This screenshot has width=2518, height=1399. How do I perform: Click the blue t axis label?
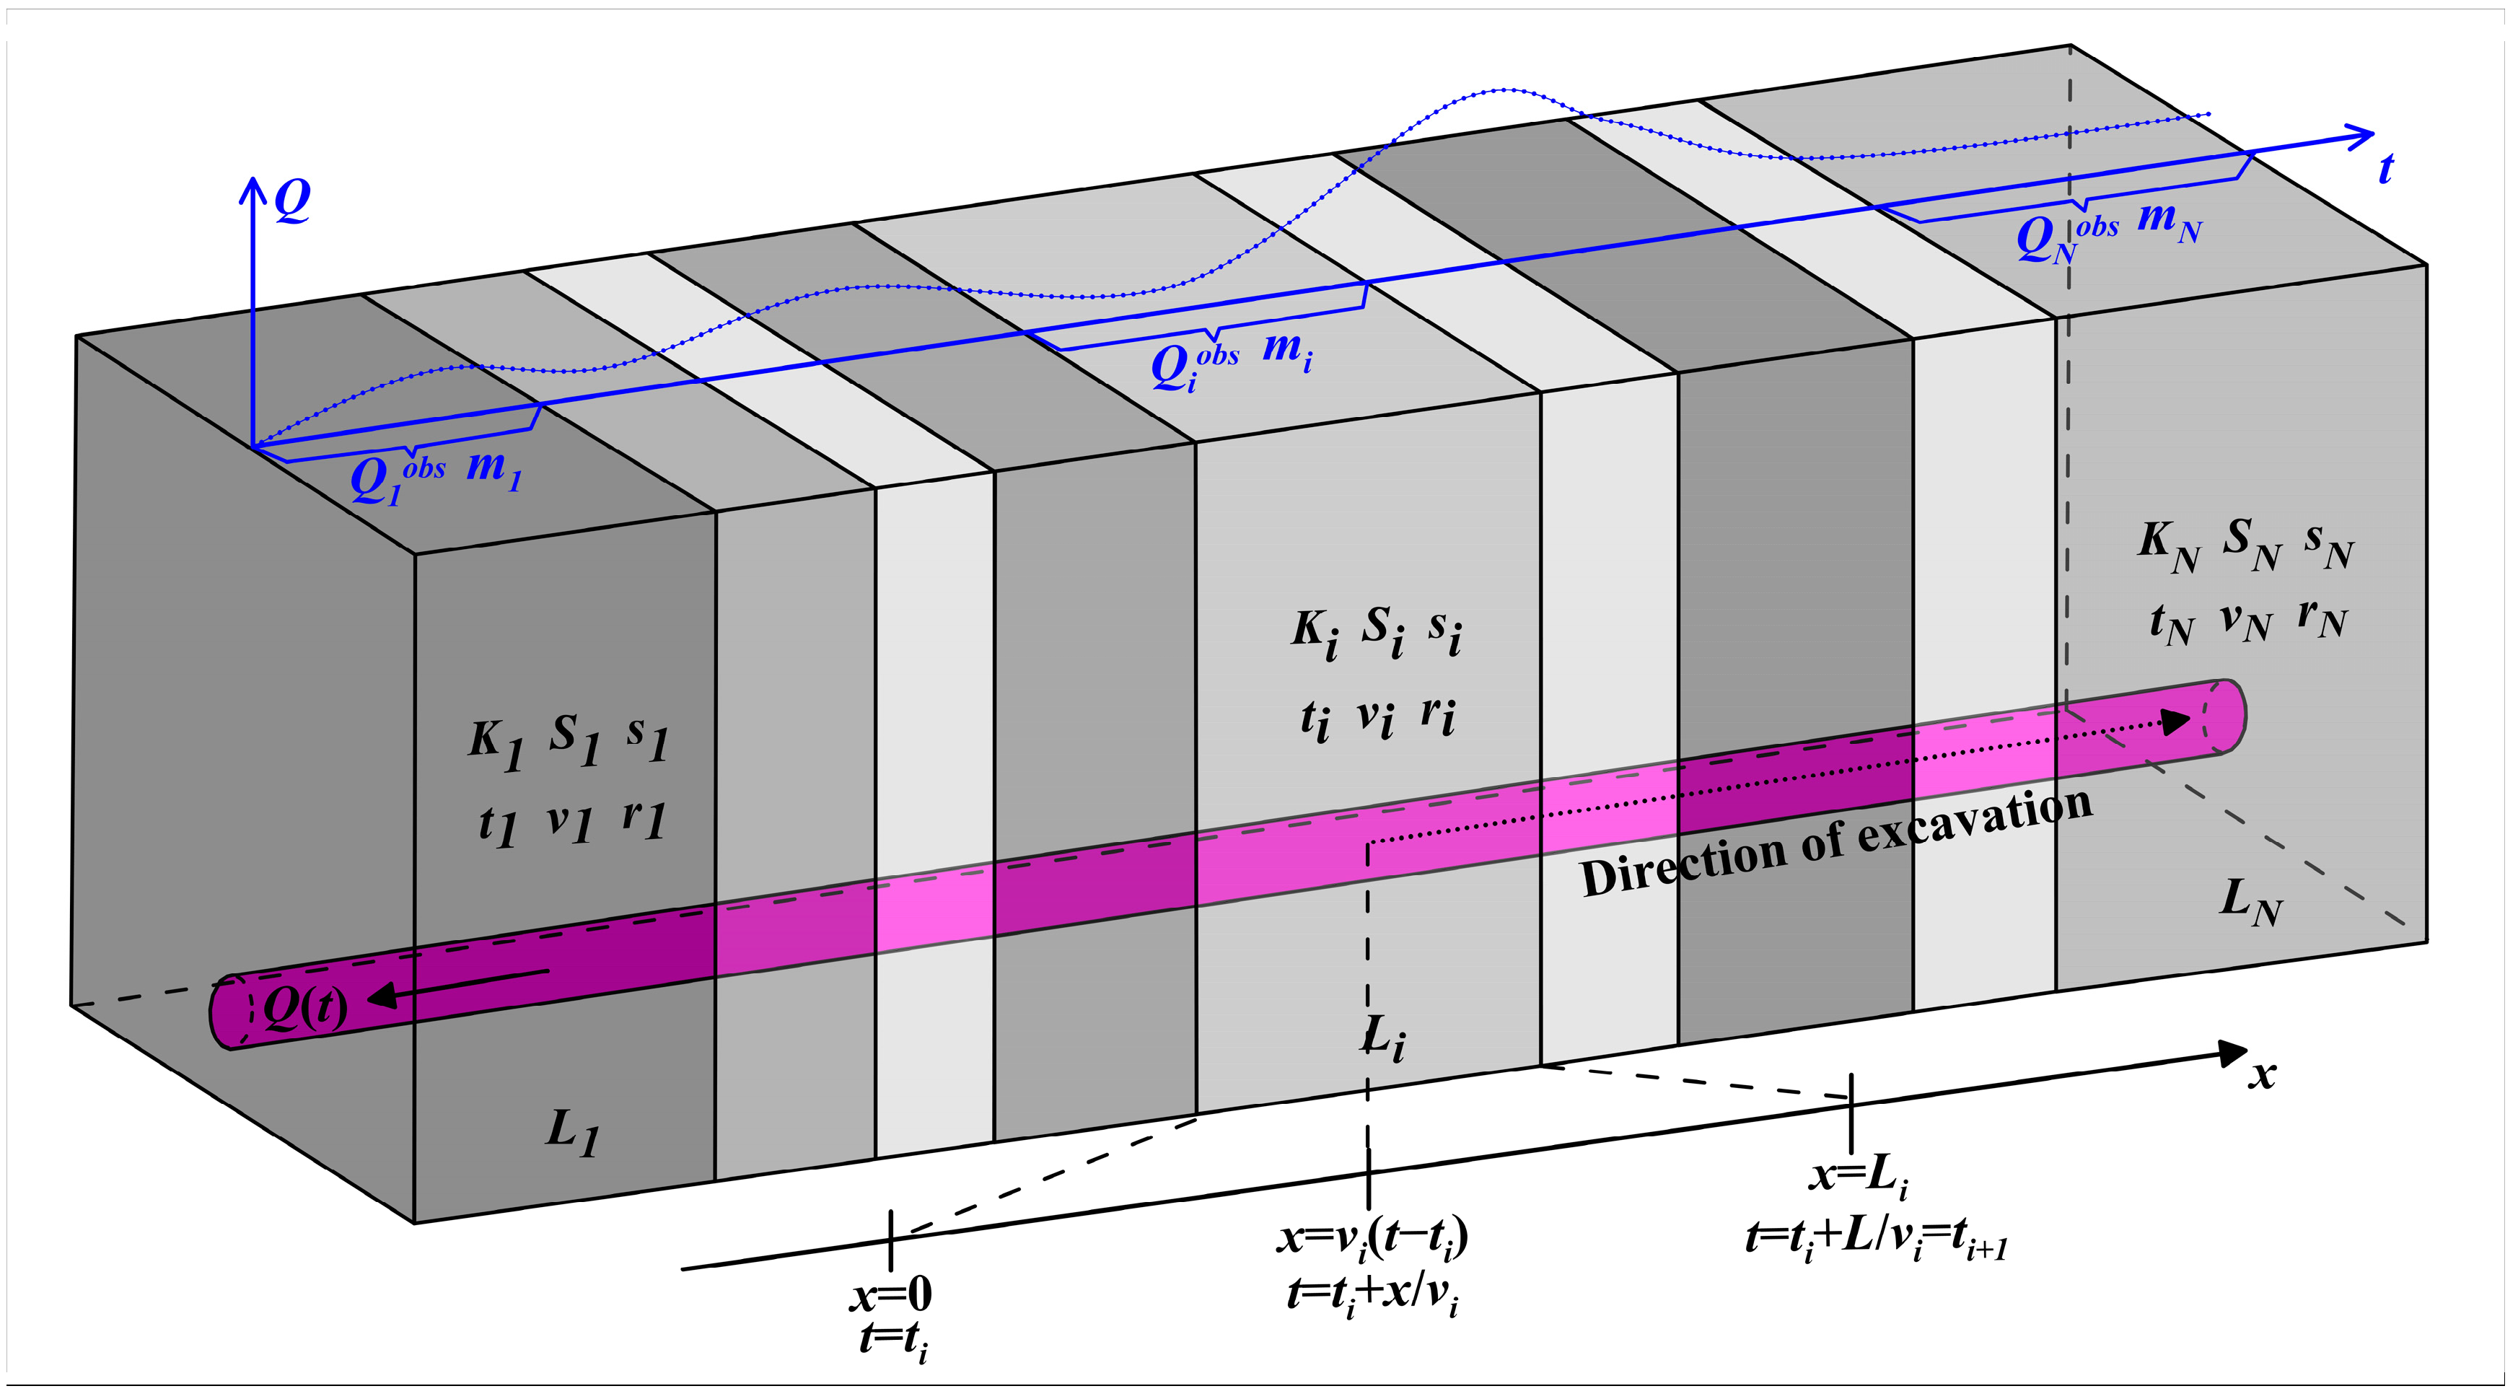coord(2385,168)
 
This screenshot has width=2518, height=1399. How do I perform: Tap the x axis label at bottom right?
coord(2261,1074)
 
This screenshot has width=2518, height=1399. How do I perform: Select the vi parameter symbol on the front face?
coord(1374,719)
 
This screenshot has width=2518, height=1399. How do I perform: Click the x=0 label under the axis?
coord(890,1295)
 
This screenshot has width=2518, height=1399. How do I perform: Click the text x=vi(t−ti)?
coord(1372,1237)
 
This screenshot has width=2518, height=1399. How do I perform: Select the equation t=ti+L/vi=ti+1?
coord(1876,1240)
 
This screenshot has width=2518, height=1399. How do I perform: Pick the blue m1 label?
coord(493,468)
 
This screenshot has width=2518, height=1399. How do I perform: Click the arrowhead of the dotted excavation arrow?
coord(2174,722)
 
